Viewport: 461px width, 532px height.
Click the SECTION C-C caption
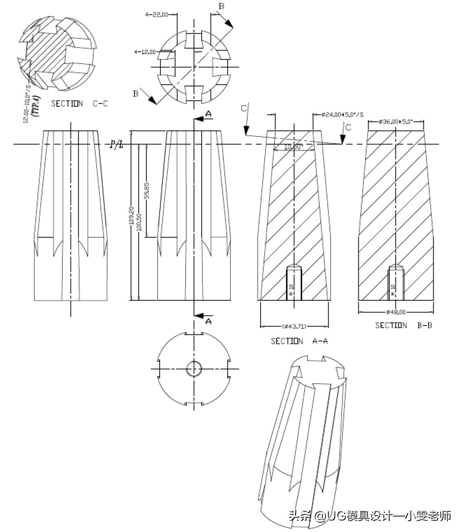click(79, 104)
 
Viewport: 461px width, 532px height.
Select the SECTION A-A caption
click(299, 341)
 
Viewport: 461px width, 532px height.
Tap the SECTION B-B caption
click(403, 325)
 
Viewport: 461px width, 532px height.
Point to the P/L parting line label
click(116, 145)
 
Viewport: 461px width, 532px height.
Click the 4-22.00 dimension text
click(156, 15)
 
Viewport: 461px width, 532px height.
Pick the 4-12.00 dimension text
click(145, 52)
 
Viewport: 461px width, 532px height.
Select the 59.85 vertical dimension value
click(147, 190)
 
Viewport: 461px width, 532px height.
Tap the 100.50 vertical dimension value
click(139, 223)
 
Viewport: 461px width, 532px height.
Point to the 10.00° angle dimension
click(294, 147)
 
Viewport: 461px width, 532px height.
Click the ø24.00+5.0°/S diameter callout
click(342, 114)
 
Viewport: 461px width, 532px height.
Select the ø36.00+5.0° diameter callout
click(395, 121)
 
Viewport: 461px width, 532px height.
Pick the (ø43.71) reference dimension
click(294, 326)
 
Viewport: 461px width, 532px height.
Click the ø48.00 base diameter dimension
click(396, 312)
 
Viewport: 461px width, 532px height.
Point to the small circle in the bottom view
click(194, 369)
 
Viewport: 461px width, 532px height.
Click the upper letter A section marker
click(209, 114)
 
